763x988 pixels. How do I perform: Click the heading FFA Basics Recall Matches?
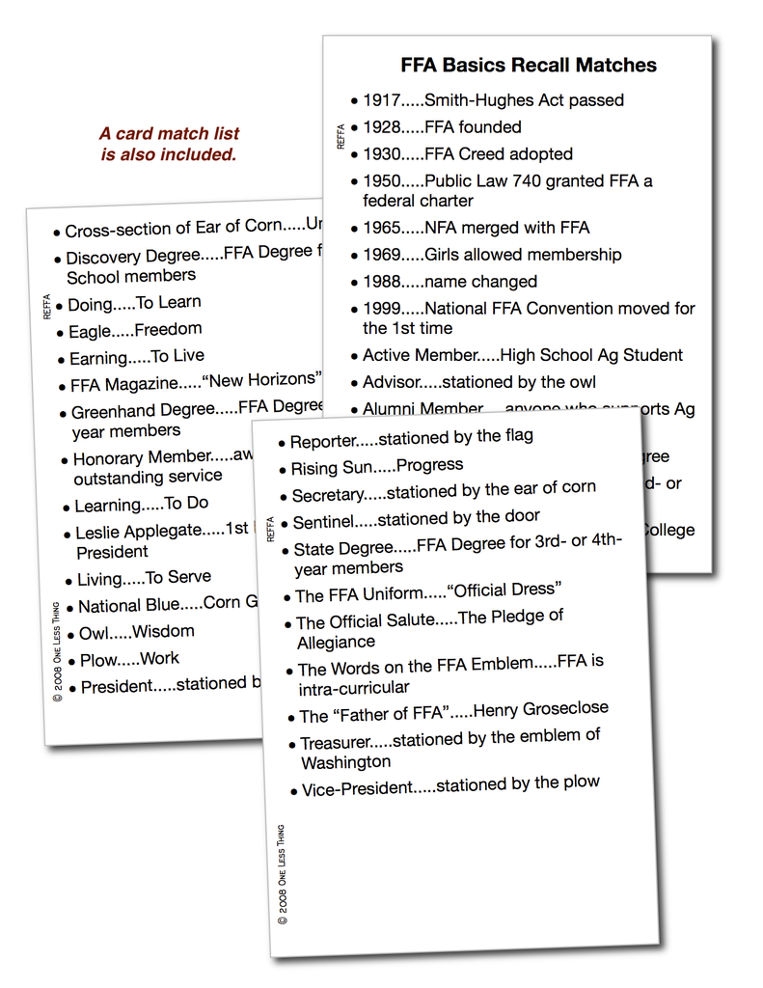[x=529, y=66]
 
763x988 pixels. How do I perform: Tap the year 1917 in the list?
[x=382, y=100]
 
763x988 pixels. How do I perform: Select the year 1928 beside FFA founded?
[x=382, y=127]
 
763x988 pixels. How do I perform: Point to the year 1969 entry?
[x=382, y=255]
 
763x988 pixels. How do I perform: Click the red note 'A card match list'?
[x=169, y=134]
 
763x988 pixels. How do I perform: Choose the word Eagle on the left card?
[x=90, y=332]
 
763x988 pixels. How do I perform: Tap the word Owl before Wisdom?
[x=94, y=633]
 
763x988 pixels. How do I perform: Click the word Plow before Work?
[x=99, y=661]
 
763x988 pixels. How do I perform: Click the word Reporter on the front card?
[x=323, y=442]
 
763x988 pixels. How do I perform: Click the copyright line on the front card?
[x=282, y=875]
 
